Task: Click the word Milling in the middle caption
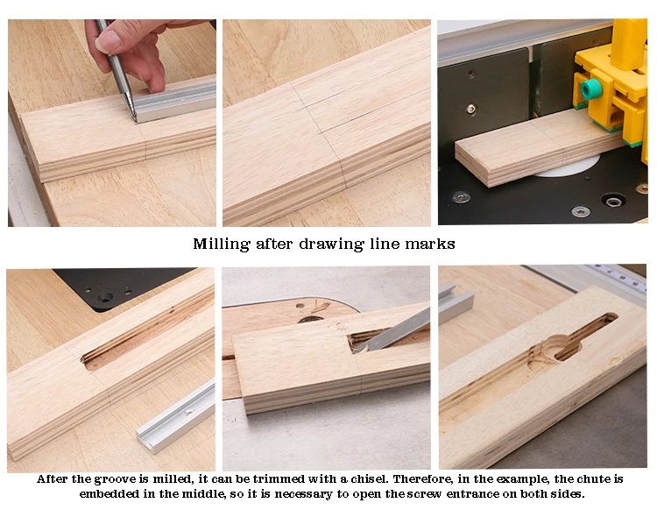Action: [x=220, y=244]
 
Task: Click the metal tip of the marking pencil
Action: [x=131, y=112]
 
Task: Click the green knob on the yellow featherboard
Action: [x=591, y=89]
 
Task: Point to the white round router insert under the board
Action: [x=566, y=167]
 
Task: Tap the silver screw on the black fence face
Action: [x=471, y=109]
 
